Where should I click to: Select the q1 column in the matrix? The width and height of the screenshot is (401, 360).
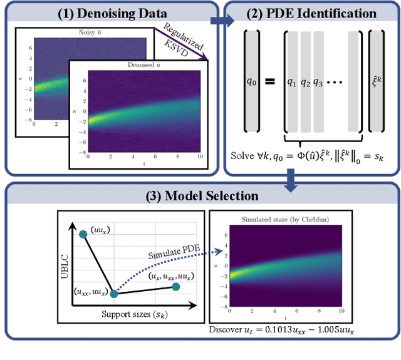291,82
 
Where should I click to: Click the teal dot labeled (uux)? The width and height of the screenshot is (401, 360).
82,234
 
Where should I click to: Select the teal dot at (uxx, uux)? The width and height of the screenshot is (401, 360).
114,292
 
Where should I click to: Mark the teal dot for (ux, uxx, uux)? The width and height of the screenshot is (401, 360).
176,286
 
